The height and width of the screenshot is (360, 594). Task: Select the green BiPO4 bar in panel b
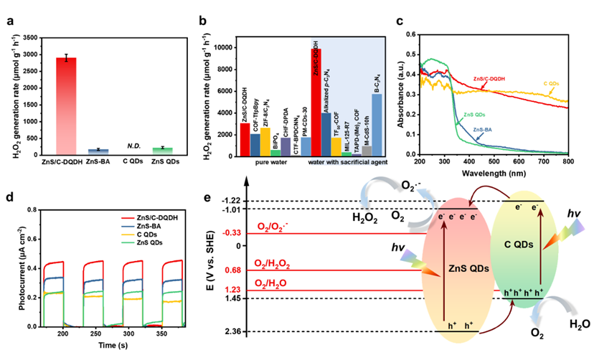click(275, 152)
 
